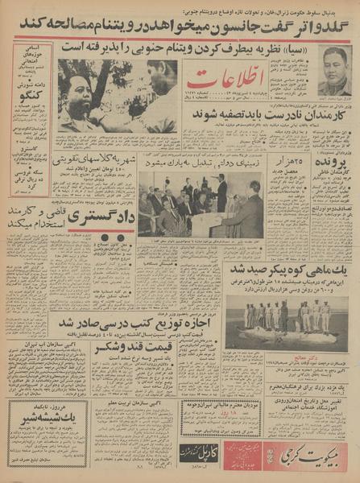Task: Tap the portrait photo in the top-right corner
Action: [333, 72]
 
